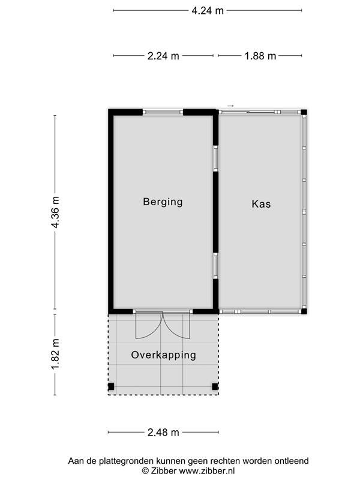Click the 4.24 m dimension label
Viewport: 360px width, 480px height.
[x=208, y=11]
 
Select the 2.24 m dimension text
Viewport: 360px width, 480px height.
[x=163, y=56]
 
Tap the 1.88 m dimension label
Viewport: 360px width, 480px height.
[x=260, y=56]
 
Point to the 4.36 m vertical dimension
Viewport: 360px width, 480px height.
[x=55, y=212]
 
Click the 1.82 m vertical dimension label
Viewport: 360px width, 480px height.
[x=55, y=354]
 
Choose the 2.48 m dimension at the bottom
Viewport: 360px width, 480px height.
[x=163, y=433]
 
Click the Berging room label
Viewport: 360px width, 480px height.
[x=163, y=202]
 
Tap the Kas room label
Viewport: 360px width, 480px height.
[x=261, y=204]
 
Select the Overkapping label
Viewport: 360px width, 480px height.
[x=163, y=355]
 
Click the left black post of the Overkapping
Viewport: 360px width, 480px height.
[x=111, y=386]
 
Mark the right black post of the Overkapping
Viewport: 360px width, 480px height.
[x=215, y=386]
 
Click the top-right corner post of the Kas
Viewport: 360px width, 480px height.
[x=304, y=112]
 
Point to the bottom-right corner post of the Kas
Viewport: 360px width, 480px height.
[x=304, y=311]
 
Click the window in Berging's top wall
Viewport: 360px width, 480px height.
[x=163, y=112]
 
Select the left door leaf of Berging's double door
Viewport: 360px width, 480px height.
[x=149, y=325]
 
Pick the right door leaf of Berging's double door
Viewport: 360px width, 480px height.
[x=176, y=325]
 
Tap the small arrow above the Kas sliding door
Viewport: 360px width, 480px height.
[x=230, y=106]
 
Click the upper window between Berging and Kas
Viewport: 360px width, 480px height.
[x=216, y=158]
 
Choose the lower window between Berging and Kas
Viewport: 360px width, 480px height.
[x=216, y=266]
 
